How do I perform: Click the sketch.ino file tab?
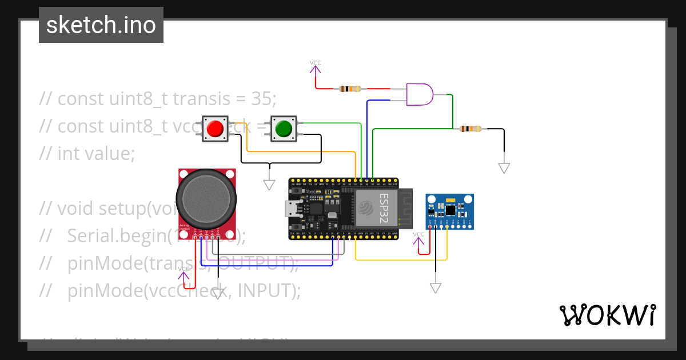pos(101,25)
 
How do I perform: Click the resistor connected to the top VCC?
pos(350,89)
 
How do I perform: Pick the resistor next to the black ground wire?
pos(470,129)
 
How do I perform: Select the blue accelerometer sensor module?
pos(450,211)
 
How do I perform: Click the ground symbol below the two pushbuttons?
pos(269,184)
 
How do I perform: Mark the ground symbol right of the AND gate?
pos(504,167)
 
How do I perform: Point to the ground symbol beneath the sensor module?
pos(436,287)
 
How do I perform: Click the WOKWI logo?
pos(607,315)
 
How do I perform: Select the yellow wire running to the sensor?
pos(400,260)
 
